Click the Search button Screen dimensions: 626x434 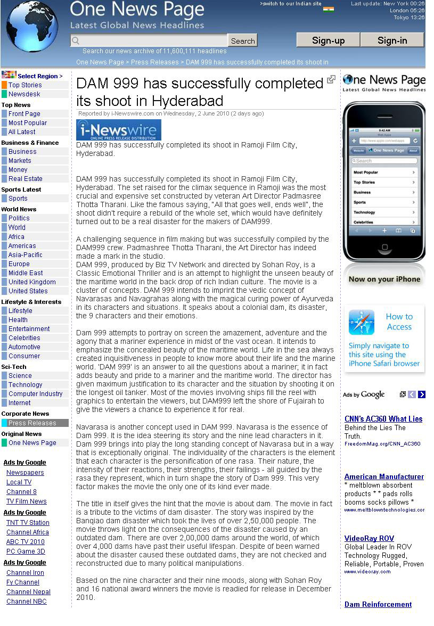pos(242,41)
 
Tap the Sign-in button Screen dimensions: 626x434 pos(392,40)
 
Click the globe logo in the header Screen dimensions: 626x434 pos(32,26)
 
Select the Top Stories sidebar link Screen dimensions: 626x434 pos(25,85)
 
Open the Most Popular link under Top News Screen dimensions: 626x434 pos(28,123)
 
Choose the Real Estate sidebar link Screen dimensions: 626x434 pos(26,179)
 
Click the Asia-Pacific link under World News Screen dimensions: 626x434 pos(26,255)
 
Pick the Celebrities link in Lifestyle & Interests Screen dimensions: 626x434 pos(24,338)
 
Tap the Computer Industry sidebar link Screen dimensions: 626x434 pos(36,394)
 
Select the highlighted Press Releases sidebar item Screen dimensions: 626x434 pos(32,423)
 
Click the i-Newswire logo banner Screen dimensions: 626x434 pos(119,130)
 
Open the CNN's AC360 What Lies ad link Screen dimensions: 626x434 pos(383,419)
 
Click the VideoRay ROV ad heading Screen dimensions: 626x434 pos(369,538)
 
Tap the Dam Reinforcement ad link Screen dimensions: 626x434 pos(378,604)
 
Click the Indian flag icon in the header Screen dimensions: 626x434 pos(329,9)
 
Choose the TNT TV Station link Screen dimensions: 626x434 pos(28,523)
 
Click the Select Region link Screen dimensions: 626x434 pos(40,76)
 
